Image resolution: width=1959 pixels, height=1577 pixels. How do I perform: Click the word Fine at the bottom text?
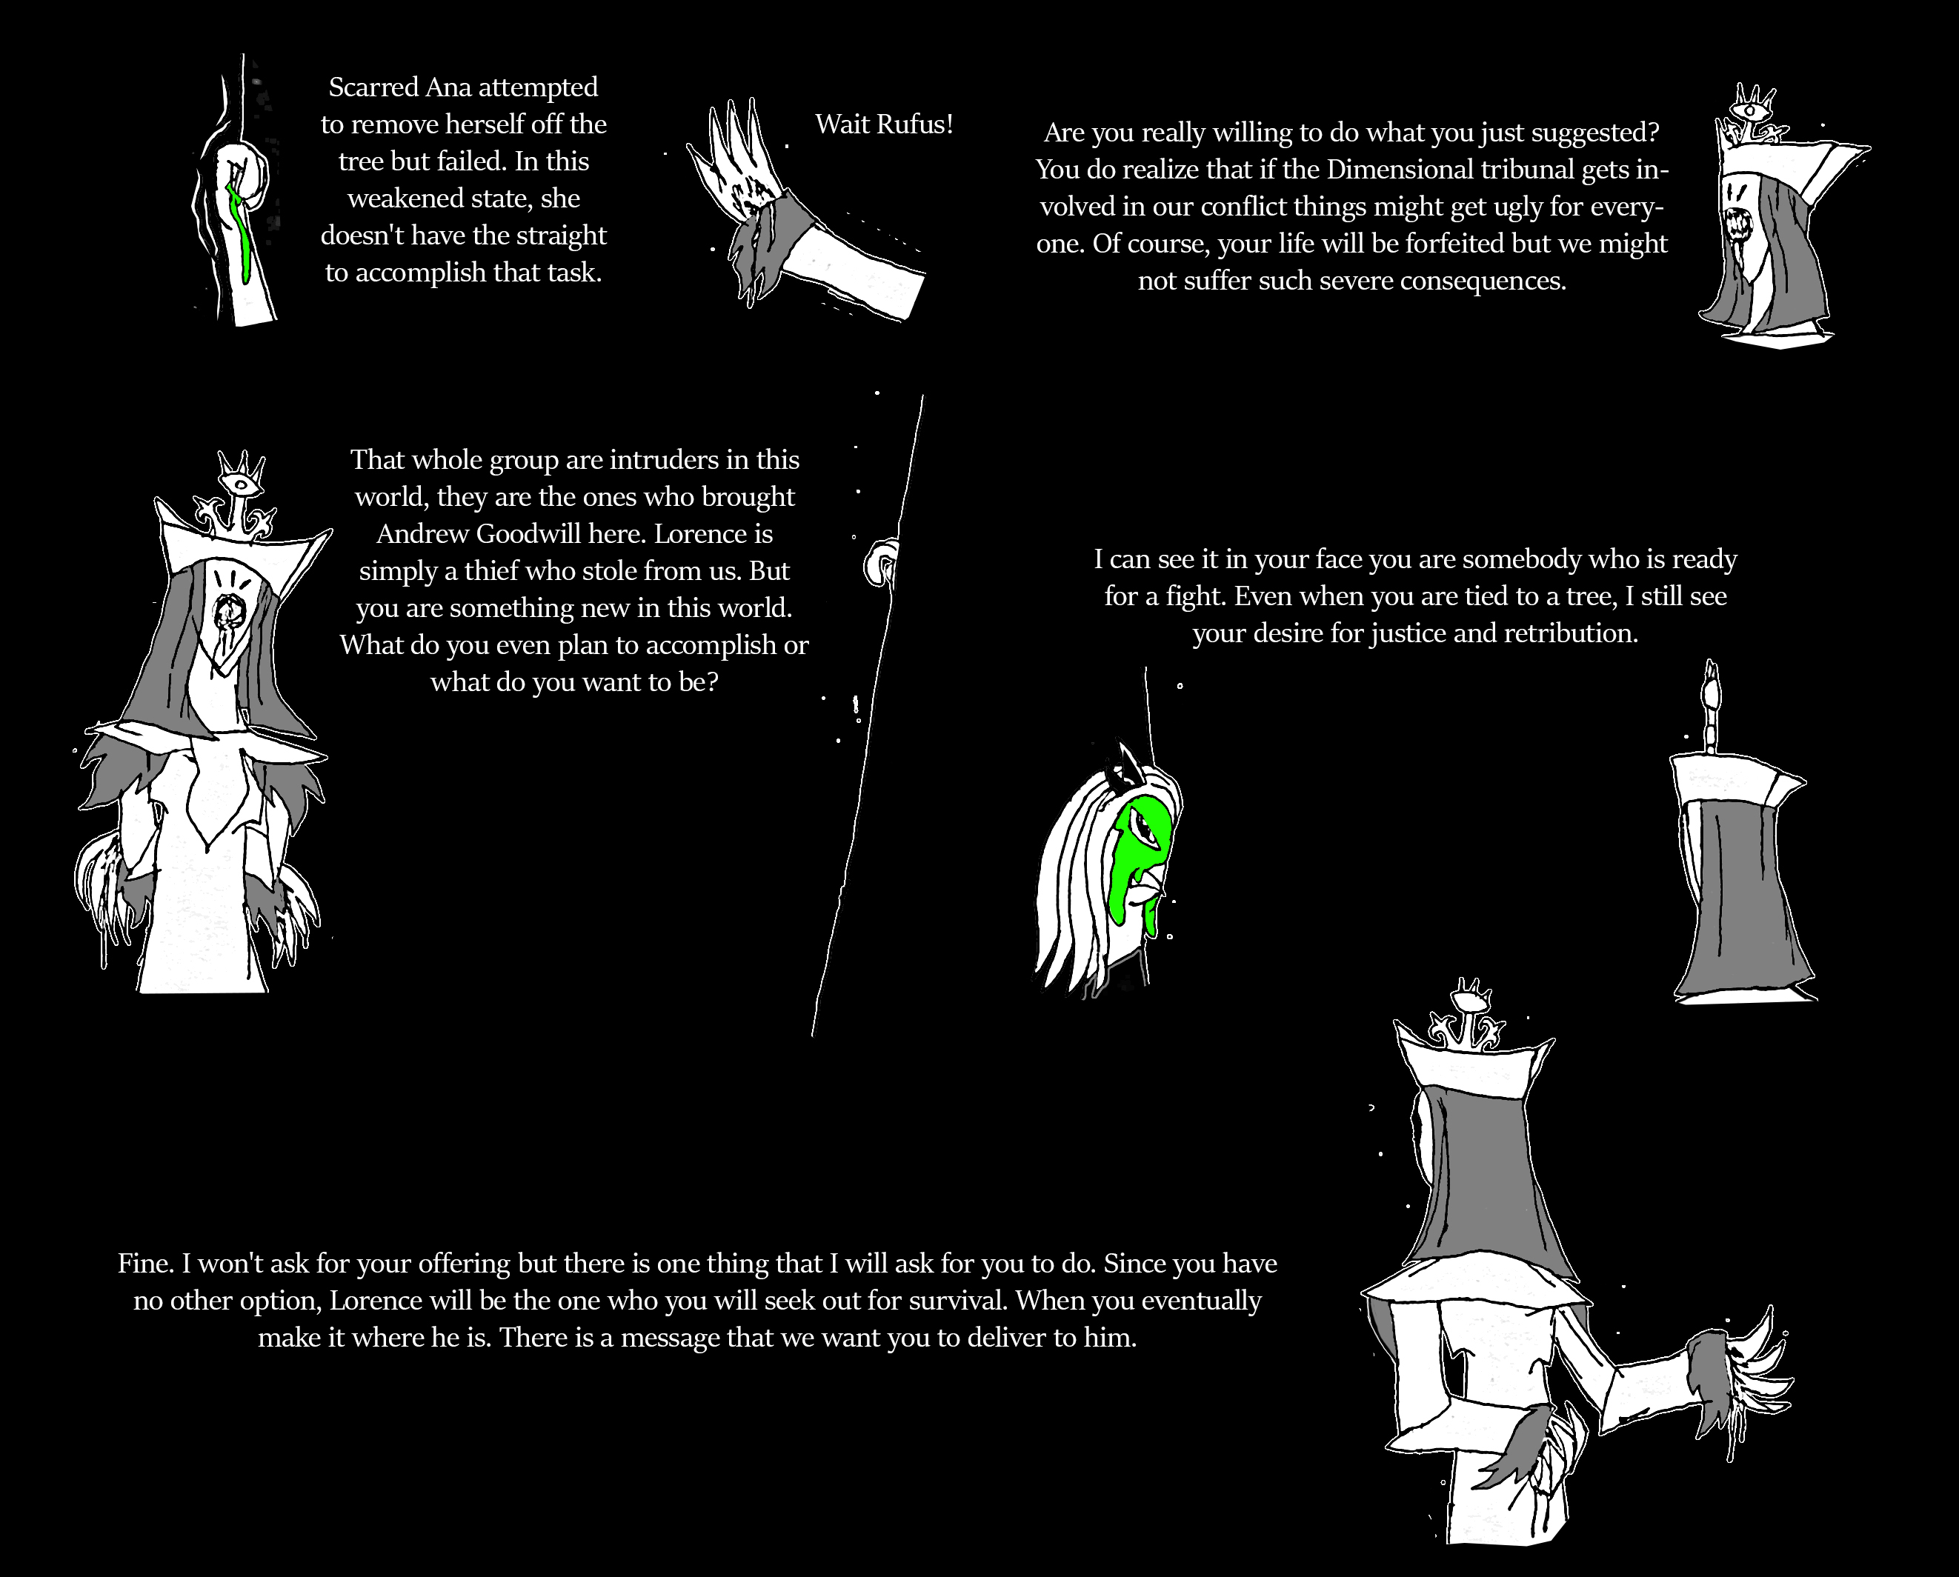(x=145, y=1264)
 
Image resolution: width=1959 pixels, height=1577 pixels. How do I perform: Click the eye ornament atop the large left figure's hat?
(x=242, y=482)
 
